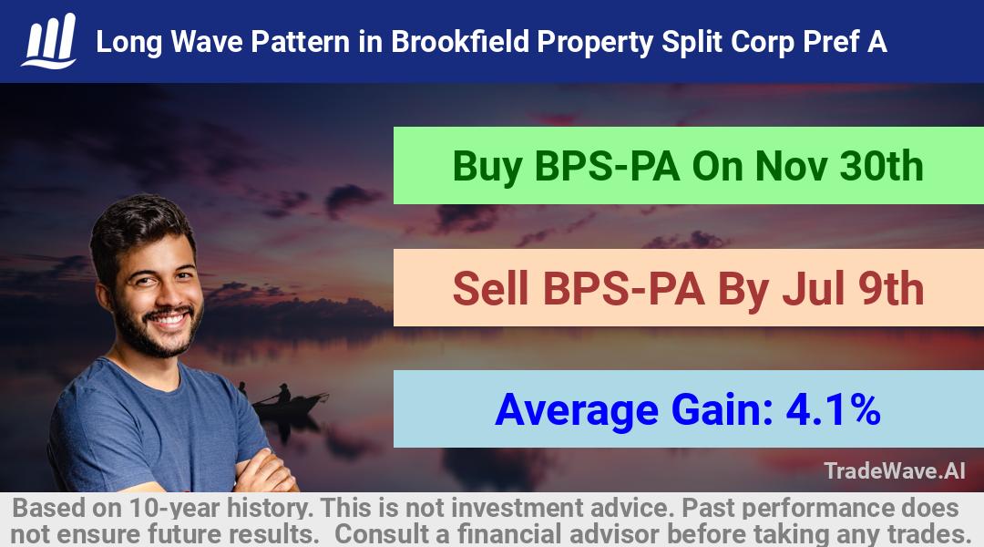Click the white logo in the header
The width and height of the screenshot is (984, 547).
pos(49,40)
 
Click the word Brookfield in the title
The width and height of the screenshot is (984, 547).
pos(460,42)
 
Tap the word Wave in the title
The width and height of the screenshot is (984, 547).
pos(207,42)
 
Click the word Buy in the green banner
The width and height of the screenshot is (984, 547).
pos(487,167)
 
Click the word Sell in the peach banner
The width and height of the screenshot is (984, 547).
pos(490,289)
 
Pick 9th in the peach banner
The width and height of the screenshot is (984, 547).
pos(890,289)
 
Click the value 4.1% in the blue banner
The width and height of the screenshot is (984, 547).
pos(833,409)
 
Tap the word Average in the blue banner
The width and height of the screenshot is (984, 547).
pos(577,411)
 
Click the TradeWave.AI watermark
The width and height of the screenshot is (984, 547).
pos(895,470)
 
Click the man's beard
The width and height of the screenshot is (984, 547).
pos(156,327)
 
